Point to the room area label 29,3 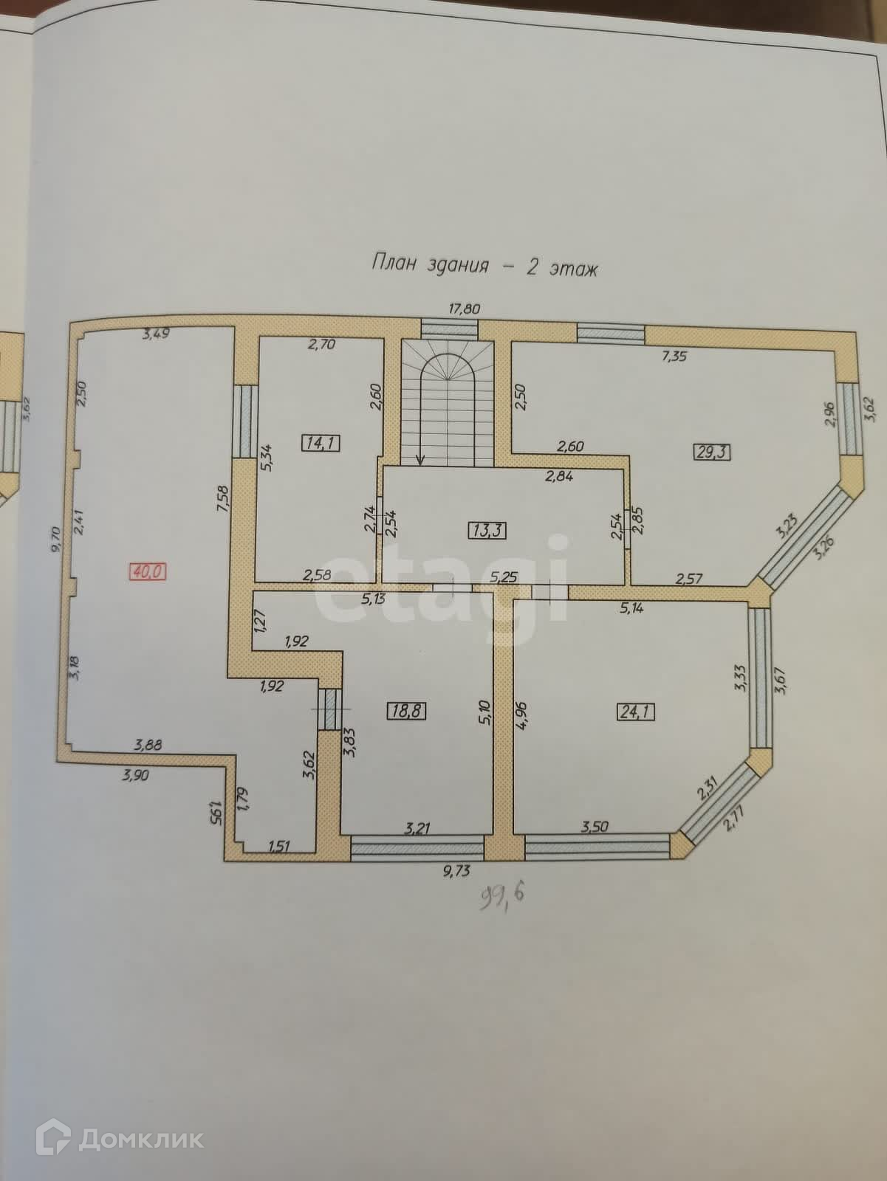coord(713,451)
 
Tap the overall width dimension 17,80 coord(465,309)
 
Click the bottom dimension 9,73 coord(456,871)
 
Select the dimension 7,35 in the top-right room coord(673,357)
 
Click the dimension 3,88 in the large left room coord(148,746)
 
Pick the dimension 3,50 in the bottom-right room coord(595,827)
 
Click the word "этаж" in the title coord(572,269)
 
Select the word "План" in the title coord(394,264)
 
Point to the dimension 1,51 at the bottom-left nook coord(279,845)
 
